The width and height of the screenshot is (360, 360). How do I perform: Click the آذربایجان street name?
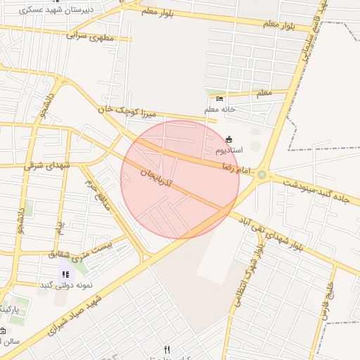pos(162,173)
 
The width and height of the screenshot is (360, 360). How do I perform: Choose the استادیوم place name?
pos(229,150)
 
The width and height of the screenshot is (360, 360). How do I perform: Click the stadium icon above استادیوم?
pos(229,139)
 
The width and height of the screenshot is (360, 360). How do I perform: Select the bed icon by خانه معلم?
pos(220,98)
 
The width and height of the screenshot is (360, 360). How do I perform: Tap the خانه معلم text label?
pos(220,110)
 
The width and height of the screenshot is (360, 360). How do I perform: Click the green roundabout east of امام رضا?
pos(262,174)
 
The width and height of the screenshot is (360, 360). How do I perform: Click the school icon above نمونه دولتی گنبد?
pos(65,274)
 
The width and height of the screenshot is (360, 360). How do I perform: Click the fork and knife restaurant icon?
pos(167,349)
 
